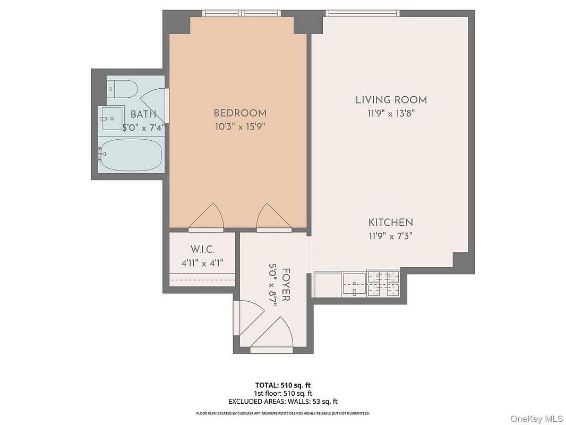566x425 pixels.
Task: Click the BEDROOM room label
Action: coord(240,113)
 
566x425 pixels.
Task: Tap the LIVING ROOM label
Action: coord(391,100)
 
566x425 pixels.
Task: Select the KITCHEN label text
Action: coord(391,222)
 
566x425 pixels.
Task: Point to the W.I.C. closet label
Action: coord(202,249)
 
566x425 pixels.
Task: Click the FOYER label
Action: coord(286,285)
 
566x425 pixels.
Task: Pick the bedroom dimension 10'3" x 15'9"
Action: coord(240,127)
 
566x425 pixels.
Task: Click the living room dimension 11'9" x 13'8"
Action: coord(391,113)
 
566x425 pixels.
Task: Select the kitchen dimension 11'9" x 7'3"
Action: coord(391,236)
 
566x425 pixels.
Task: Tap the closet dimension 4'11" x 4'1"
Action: coord(202,263)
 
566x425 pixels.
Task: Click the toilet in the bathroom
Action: coord(122,89)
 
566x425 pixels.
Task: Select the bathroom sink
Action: coord(112,118)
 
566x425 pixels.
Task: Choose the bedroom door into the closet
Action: coord(206,216)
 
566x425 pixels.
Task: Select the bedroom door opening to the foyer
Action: coord(274,216)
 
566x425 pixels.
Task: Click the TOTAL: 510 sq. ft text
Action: coord(283,385)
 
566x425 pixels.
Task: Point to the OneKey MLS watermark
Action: coord(536,419)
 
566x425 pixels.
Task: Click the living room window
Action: coord(363,13)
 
